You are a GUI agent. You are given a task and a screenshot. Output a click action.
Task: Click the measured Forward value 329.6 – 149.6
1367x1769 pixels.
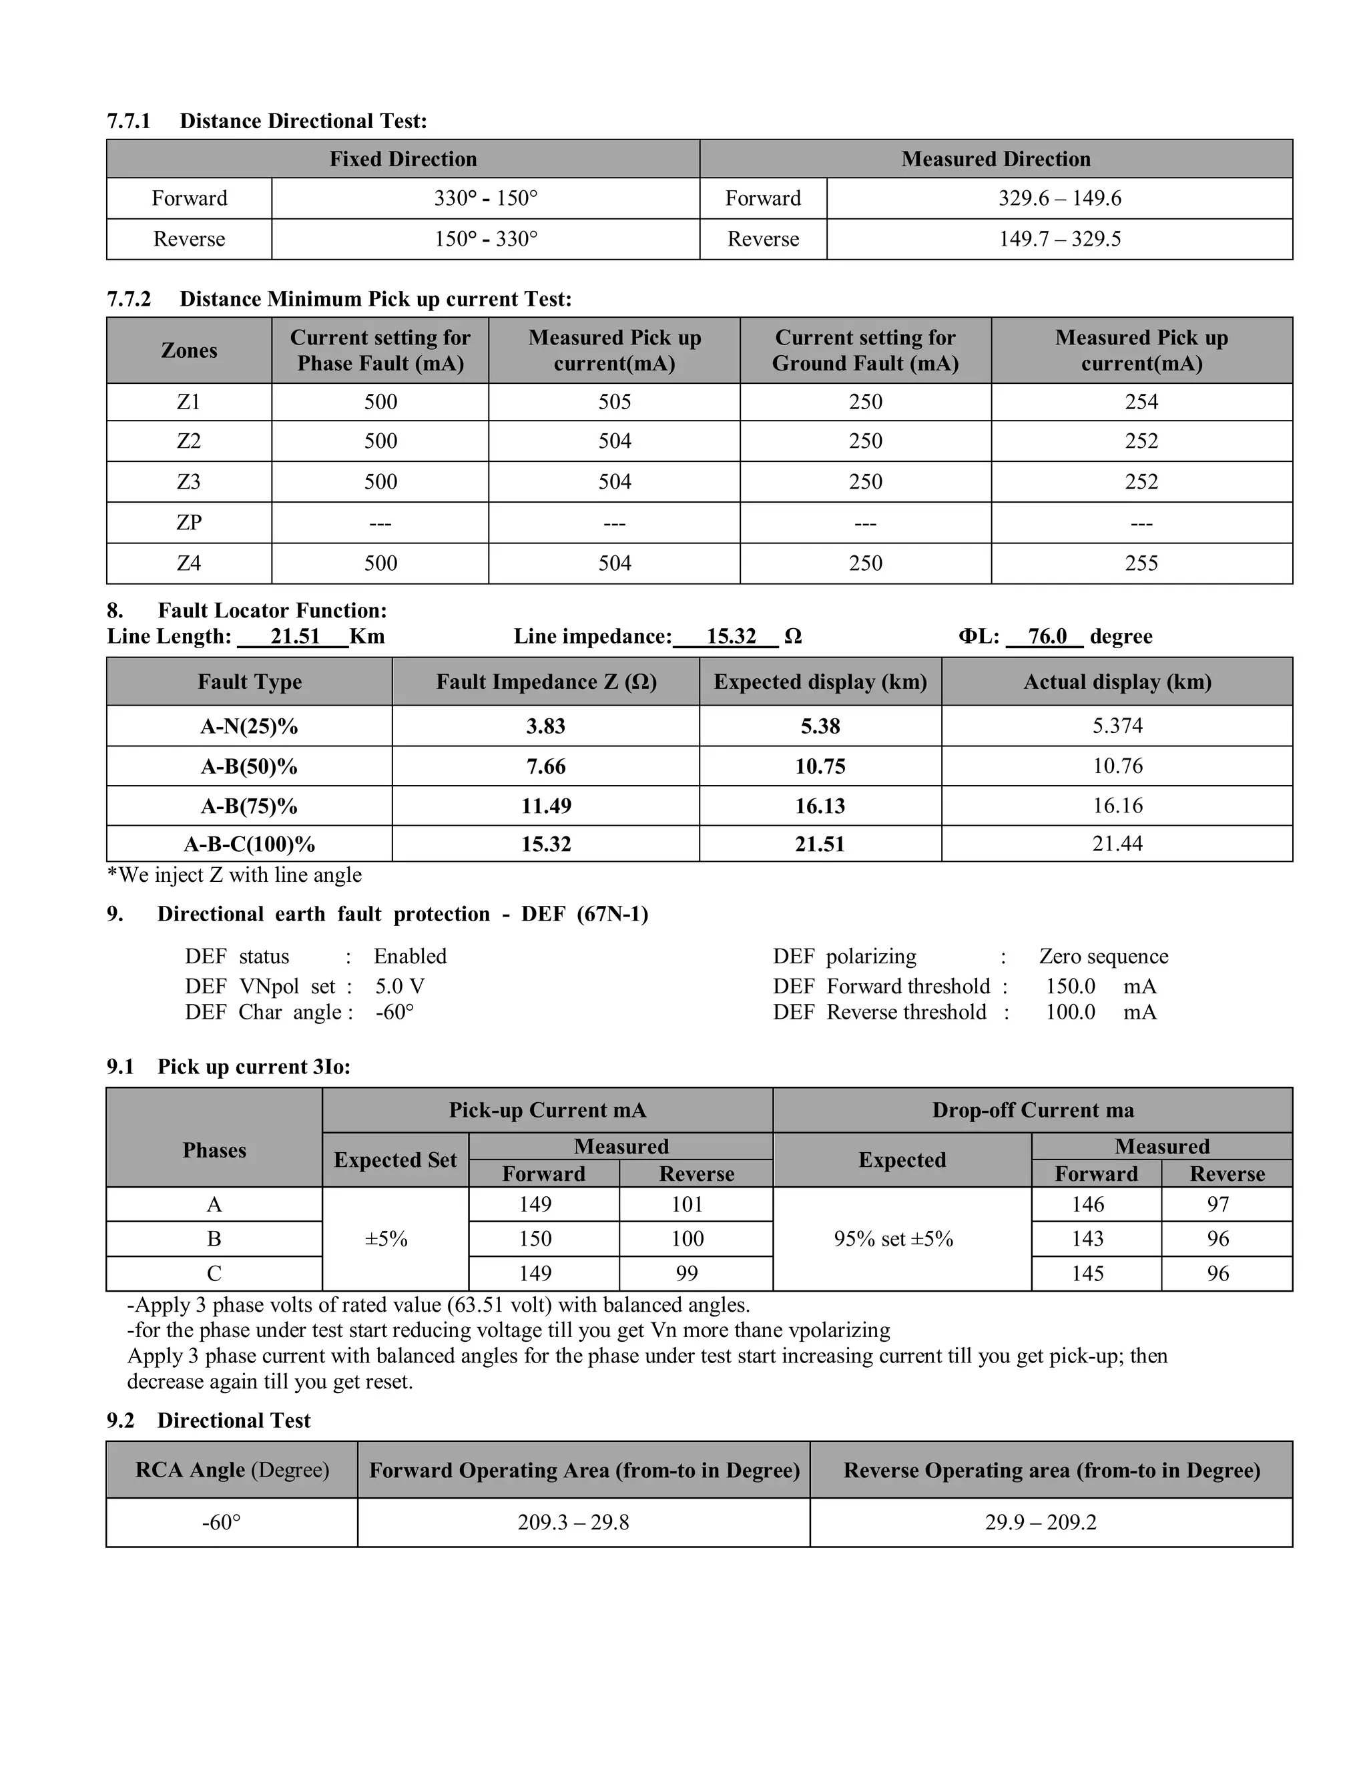[x=1059, y=198]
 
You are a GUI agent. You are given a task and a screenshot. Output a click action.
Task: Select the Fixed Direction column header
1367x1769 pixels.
[x=402, y=159]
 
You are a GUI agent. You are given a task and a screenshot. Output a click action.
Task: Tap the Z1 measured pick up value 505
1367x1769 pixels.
[x=614, y=402]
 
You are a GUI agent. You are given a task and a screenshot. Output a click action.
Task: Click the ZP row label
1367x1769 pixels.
[x=189, y=523]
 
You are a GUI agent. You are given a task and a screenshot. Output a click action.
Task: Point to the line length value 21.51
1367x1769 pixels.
[x=295, y=637]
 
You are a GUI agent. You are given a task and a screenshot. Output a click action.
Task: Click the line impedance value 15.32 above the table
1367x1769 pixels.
[x=730, y=637]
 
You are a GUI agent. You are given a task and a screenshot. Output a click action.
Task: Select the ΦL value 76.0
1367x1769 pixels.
[x=1047, y=637]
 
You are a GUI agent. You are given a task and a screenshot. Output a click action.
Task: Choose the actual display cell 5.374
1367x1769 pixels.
[x=1117, y=726]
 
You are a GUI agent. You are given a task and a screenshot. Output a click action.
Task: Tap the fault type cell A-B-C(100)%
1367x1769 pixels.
[x=250, y=845]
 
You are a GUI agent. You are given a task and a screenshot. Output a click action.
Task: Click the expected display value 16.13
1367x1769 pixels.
[x=820, y=806]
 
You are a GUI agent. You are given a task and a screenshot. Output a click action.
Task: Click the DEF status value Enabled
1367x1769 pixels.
[x=410, y=957]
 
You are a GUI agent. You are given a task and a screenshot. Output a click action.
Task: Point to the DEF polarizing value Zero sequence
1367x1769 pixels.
[x=1103, y=957]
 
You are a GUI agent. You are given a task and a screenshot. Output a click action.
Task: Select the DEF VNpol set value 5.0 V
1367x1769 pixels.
[x=399, y=987]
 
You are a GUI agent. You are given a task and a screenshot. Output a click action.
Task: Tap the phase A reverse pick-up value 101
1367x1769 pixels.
[x=687, y=1204]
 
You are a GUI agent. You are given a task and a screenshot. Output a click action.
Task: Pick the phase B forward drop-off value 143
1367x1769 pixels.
[x=1087, y=1238]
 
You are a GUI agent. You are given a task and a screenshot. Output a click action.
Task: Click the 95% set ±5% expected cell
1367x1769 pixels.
[x=893, y=1239]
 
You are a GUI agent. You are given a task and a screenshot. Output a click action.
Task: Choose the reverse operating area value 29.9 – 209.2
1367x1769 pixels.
[x=1041, y=1523]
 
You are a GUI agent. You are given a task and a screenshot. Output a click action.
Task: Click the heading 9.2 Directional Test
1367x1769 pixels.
[x=209, y=1421]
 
